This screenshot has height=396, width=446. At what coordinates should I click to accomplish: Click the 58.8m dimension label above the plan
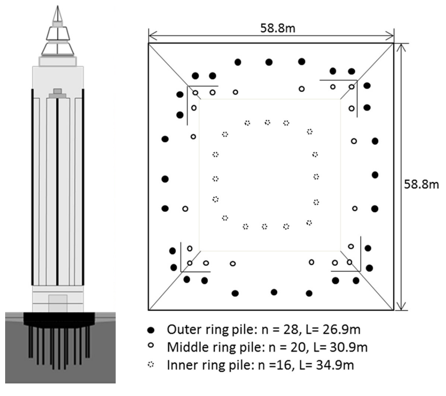(278, 28)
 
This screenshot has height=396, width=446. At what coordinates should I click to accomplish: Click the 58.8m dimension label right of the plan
(421, 184)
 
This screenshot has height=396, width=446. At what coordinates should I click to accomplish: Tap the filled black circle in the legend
(151, 330)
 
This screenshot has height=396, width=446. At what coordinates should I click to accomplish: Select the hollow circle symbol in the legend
(151, 345)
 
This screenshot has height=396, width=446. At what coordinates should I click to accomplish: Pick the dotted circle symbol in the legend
(151, 364)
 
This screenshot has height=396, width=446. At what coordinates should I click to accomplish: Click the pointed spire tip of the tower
(58, 6)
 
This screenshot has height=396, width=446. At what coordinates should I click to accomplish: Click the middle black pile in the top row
(269, 62)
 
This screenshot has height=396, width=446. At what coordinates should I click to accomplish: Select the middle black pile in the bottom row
(274, 292)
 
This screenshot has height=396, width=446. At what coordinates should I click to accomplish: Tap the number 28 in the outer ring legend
(290, 330)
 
